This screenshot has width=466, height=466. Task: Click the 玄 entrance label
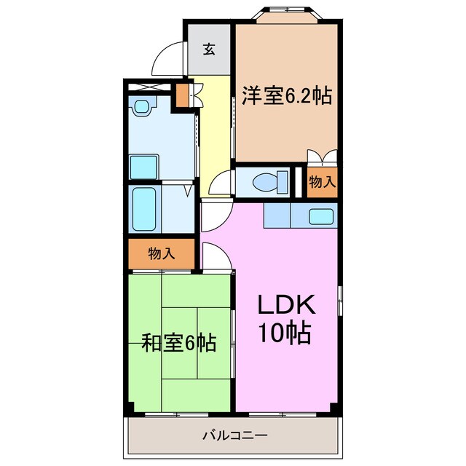[209, 50]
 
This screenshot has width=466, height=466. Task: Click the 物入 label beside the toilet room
[321, 183]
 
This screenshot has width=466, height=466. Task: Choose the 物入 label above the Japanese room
[161, 253]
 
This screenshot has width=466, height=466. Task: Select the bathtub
[144, 208]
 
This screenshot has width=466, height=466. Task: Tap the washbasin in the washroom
[141, 108]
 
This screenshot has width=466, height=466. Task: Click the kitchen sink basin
[320, 216]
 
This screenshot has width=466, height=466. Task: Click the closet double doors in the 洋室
[321, 157]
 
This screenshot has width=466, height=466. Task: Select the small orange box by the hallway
[182, 96]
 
